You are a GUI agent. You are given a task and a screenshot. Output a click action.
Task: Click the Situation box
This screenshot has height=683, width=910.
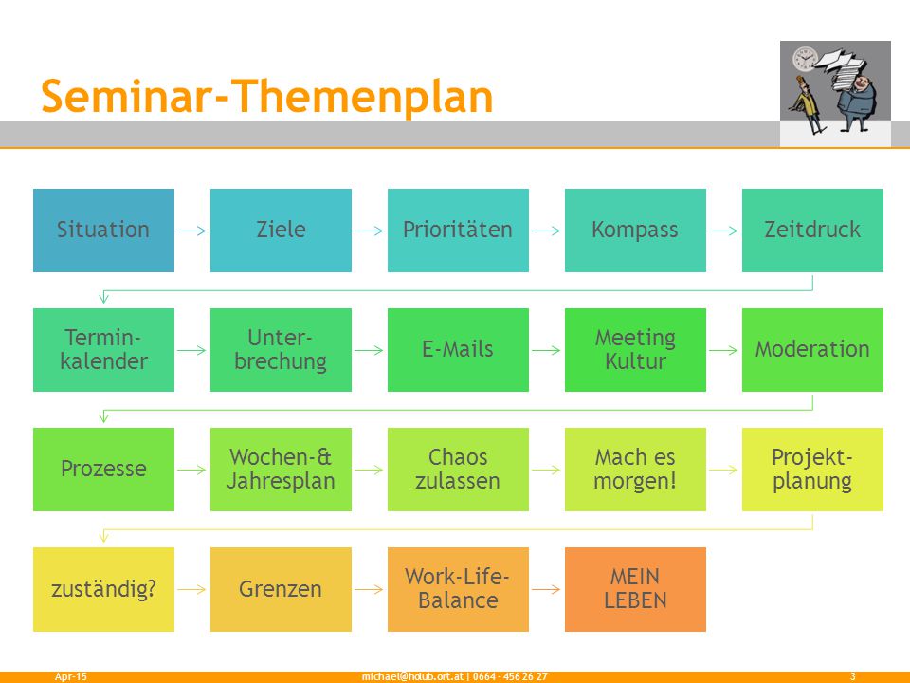point(103,230)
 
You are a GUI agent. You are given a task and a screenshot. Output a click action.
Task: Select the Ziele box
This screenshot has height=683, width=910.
point(281,230)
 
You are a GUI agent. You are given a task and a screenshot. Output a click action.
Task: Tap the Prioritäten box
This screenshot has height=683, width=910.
point(458,230)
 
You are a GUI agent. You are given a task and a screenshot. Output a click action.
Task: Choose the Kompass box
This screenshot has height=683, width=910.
point(635,230)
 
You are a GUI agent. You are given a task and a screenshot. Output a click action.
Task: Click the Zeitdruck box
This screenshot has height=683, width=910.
point(812,230)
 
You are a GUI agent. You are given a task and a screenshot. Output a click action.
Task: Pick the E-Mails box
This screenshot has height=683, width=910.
point(458,350)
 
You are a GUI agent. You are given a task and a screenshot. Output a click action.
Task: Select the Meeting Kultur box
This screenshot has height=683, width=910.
point(635,350)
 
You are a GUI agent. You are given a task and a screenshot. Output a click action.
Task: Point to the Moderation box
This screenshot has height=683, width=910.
point(812,350)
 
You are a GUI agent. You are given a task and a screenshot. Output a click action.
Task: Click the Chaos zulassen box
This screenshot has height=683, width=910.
point(458,470)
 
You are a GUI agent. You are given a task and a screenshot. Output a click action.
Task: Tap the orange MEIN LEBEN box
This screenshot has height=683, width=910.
point(635,589)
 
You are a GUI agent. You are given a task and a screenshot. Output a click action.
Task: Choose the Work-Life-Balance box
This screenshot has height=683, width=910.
point(458,589)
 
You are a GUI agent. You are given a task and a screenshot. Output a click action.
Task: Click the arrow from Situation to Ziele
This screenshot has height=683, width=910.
point(192,231)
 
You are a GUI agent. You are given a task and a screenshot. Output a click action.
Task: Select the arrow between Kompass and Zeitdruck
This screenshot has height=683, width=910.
point(723,231)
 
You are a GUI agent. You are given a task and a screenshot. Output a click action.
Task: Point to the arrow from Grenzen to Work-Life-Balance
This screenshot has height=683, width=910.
point(369,589)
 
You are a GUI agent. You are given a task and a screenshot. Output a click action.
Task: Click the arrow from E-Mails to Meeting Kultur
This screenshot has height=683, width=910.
point(547,350)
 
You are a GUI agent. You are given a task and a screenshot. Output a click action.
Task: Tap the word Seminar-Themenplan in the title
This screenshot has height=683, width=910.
point(267,97)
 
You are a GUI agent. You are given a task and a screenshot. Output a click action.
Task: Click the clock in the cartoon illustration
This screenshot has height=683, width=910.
point(805,59)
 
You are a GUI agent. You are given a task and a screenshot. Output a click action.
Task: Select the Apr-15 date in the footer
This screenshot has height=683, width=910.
point(71,676)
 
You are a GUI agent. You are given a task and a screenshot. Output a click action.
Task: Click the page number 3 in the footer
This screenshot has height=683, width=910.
point(852,676)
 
